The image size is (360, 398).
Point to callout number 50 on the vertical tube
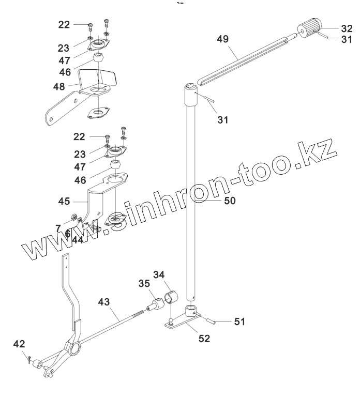(x=228, y=200)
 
